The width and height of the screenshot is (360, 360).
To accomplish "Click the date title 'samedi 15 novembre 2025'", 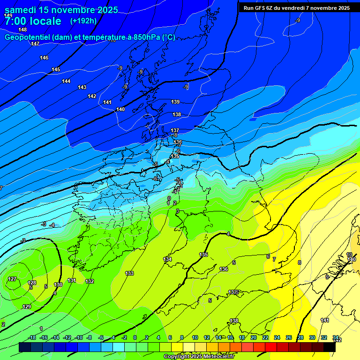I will pos(61,10).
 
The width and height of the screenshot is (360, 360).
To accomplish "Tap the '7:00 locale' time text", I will pos(33,21).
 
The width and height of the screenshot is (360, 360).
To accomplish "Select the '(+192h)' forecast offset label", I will pos(83,21).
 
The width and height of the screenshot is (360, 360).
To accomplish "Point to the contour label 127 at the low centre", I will pos(12,279).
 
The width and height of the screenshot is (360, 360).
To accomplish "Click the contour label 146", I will pos(44,58).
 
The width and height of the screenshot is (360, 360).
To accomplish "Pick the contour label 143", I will pos(82,87).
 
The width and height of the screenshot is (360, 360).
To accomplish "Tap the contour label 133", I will pos(129,273).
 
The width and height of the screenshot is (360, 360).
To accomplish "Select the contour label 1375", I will pos(233,292).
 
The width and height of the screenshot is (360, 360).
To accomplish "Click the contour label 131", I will pos(72,280).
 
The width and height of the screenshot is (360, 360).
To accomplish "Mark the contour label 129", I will pos(27,307).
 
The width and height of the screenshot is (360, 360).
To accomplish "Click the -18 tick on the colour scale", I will pos(32,337).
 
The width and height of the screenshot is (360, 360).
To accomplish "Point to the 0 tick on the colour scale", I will pos(135,337).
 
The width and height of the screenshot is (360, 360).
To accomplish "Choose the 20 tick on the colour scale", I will pos(254,337).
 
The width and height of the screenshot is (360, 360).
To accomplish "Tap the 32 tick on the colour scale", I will pos(324,337).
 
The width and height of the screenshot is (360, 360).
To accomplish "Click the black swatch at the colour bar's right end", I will pos(330,347).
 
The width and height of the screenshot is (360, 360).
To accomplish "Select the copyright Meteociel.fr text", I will pos(199,357).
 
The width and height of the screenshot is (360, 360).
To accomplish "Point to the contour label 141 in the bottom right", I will pos(325,320).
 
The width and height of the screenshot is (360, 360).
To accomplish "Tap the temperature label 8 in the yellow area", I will pos(300,262).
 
